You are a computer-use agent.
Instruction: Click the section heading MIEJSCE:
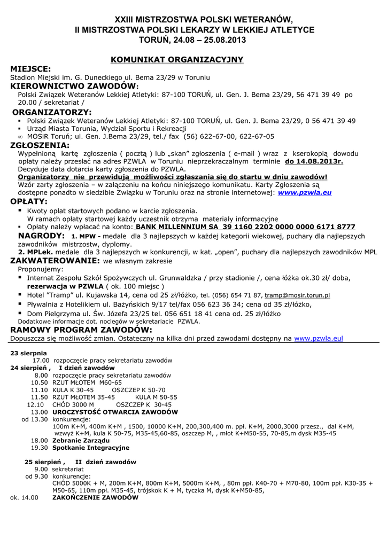tap(31, 69)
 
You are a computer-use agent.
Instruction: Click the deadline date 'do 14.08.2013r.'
tap(314, 161)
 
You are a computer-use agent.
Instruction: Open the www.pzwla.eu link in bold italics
tap(305, 192)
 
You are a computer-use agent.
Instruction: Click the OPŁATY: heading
tap(29, 201)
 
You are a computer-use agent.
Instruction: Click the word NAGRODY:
tap(42, 236)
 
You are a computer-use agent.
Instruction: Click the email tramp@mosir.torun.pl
tap(297, 295)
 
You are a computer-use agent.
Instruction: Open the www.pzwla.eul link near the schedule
tap(319, 338)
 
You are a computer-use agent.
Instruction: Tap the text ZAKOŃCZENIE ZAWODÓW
tap(95, 497)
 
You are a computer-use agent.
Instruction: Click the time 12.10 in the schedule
tap(35, 405)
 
